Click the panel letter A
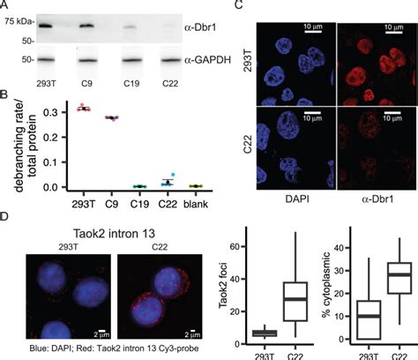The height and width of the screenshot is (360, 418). (6, 6)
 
